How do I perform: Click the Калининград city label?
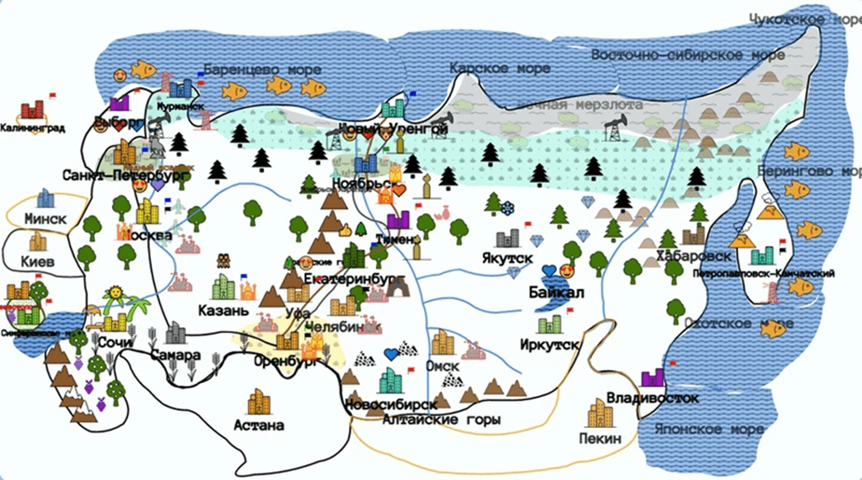pos(32,127)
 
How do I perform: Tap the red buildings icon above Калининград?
pos(32,109)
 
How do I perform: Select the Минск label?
pos(45,220)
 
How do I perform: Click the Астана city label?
pos(258,426)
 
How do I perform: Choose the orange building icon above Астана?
pos(259,402)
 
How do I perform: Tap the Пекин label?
pos(600,438)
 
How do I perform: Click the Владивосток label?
pos(652,397)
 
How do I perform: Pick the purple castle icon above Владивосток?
pos(653,377)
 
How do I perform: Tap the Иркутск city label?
pos(549,344)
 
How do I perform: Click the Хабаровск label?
pos(693,256)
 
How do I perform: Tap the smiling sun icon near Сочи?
pos(115,294)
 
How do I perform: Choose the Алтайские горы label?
pos(441,419)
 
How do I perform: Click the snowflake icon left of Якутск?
pos(508,207)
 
